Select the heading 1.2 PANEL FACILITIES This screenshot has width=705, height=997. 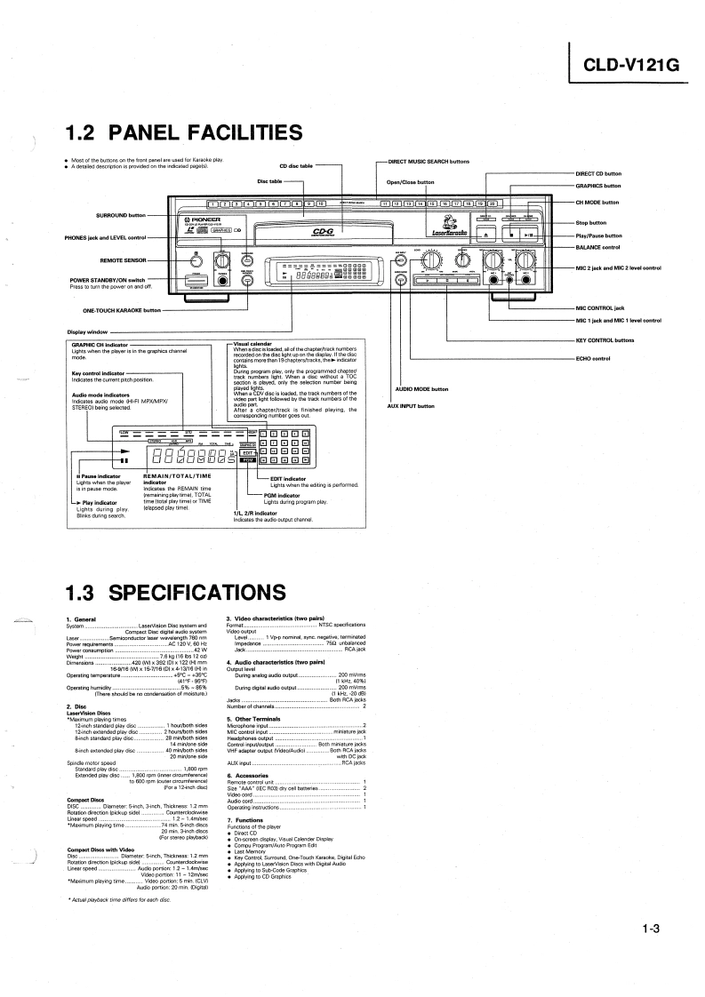pyautogui.click(x=185, y=132)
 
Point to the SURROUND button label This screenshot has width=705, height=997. pyautogui.click(x=120, y=215)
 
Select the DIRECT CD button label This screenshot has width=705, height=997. pyautogui.click(x=598, y=173)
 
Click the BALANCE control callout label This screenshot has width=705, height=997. pyautogui.click(x=597, y=246)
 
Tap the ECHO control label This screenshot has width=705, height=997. pyautogui.click(x=593, y=358)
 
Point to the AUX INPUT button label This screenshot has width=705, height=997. pyautogui.click(x=411, y=406)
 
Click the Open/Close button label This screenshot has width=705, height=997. pyautogui.click(x=411, y=182)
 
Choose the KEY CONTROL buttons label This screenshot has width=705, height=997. pyautogui.click(x=605, y=340)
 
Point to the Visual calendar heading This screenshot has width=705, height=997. pyautogui.click(x=252, y=343)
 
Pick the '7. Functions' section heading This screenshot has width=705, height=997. pyautogui.click(x=245, y=819)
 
